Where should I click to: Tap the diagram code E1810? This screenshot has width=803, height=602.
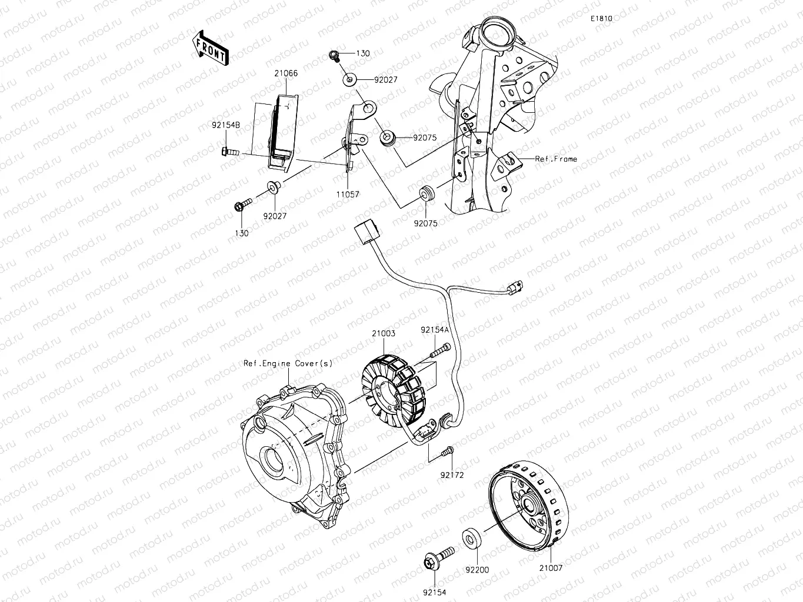coord(602,19)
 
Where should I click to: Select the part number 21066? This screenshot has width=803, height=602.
coord(285,73)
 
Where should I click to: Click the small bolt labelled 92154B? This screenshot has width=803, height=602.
coord(229,152)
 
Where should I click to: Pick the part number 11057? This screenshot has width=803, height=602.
coord(348,194)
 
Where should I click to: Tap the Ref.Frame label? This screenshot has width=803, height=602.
coord(556,159)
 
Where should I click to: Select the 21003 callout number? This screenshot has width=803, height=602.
coord(383,333)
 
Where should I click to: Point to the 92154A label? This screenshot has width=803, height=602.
coord(435,330)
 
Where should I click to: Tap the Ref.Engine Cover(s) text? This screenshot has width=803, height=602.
coord(288,363)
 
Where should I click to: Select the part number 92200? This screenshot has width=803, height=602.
coord(477,570)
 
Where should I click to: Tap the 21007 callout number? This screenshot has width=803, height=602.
coord(551,568)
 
